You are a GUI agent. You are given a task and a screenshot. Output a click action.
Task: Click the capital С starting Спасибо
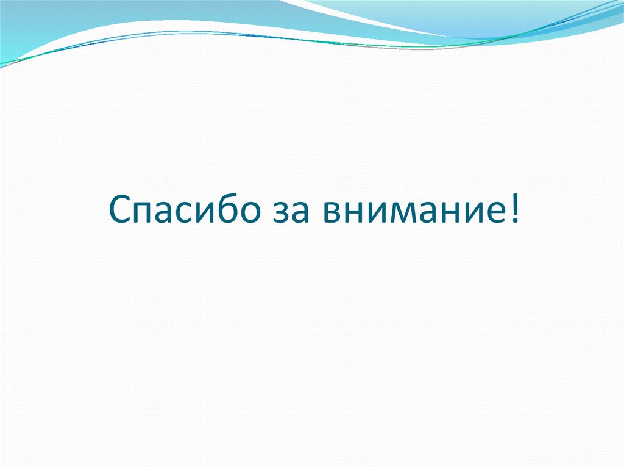point(119,211)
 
